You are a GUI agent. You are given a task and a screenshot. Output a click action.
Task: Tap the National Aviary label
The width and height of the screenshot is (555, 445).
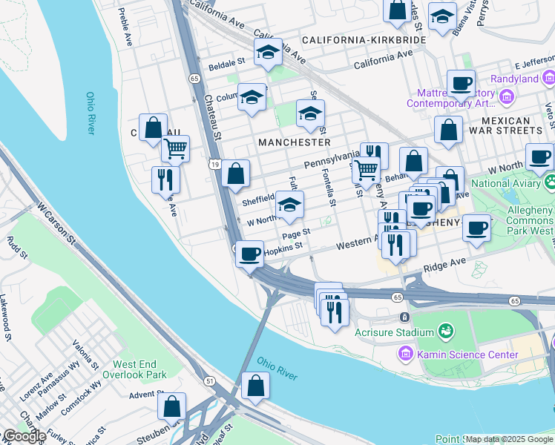point(506,183)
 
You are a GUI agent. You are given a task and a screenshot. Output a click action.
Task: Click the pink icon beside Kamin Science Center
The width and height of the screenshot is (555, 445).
point(404,355)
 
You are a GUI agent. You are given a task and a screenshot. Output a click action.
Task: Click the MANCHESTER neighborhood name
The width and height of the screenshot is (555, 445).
point(294,142)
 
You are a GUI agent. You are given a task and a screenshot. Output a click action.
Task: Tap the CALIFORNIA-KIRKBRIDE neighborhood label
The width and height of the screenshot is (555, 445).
point(364,39)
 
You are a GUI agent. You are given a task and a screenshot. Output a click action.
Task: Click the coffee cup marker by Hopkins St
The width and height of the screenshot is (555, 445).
point(250,253)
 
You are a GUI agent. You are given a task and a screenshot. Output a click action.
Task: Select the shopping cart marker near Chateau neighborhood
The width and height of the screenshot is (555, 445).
point(176,148)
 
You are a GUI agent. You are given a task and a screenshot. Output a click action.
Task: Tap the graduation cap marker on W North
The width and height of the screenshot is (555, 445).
point(289,205)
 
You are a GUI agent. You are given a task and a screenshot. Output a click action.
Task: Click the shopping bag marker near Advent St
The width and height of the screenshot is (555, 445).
point(172,407)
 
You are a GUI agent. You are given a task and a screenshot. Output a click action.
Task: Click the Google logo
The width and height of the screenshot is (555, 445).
point(24,436)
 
